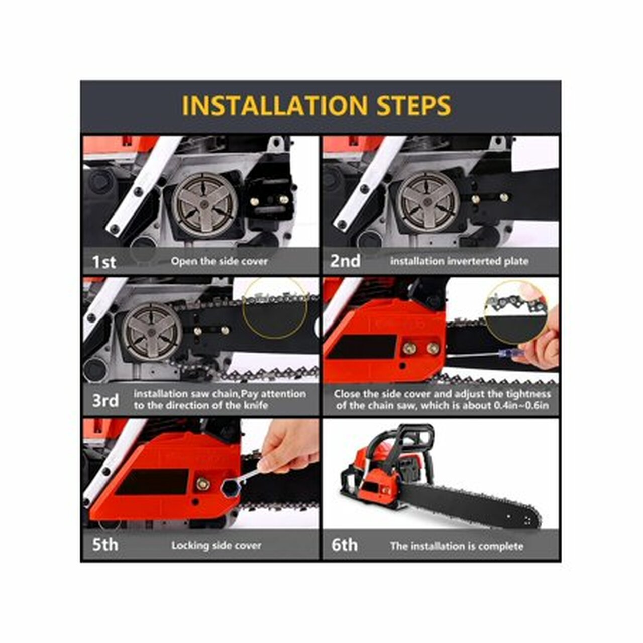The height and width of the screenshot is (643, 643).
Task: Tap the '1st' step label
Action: click(104, 262)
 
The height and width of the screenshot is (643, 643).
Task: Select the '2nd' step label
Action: click(345, 261)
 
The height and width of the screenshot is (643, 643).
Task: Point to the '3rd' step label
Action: click(105, 401)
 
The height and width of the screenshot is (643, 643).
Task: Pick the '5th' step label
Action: click(105, 545)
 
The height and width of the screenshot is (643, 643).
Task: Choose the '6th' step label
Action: click(345, 545)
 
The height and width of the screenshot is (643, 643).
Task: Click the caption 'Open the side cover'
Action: click(219, 261)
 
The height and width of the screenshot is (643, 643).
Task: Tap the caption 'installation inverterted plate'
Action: click(459, 261)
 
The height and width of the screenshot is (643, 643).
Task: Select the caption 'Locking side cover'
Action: click(217, 545)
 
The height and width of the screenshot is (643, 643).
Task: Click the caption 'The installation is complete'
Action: click(456, 546)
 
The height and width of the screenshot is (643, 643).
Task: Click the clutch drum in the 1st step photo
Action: click(204, 204)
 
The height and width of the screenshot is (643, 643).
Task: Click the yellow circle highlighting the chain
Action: click(275, 307)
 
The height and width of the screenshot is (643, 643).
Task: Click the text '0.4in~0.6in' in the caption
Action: click(523, 405)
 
